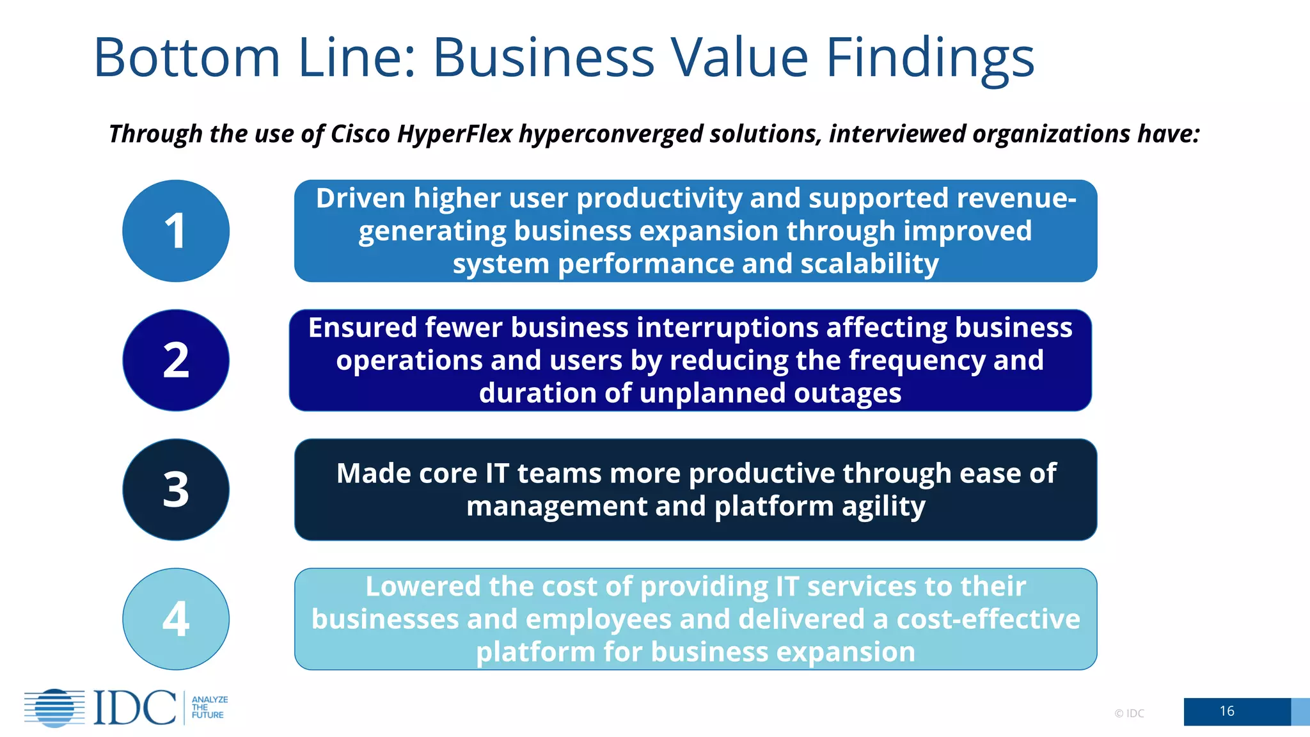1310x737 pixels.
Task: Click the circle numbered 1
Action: point(176,231)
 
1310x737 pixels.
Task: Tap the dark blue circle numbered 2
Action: point(176,360)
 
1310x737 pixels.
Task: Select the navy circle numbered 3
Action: point(176,489)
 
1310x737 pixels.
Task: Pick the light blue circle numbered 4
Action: point(176,619)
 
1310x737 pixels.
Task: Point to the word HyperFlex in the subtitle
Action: point(454,134)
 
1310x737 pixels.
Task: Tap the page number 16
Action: point(1226,711)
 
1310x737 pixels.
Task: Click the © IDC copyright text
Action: point(1129,713)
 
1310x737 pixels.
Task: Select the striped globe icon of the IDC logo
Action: point(55,708)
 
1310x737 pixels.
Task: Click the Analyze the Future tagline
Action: point(209,708)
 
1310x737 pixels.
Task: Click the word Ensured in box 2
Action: point(363,328)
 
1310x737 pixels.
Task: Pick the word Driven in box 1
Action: point(360,198)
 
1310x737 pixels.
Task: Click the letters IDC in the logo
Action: point(135,708)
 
